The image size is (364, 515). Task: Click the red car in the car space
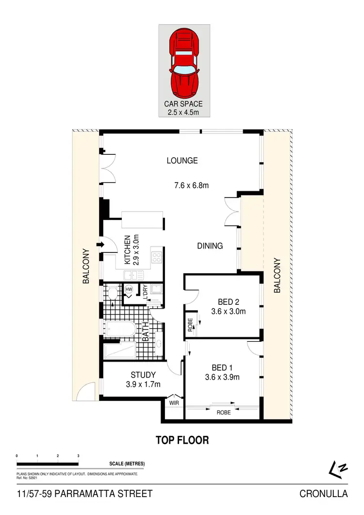[x=184, y=63]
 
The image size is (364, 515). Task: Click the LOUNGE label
[x=182, y=161]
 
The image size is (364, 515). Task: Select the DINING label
[x=210, y=246]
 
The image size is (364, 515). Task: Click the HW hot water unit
[x=129, y=290]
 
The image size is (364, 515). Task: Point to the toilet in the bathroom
[x=112, y=293]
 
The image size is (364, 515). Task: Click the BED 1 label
[x=223, y=367]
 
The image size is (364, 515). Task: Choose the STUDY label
[x=143, y=375]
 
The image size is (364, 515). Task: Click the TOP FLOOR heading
[x=182, y=440]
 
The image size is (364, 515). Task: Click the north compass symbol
[x=338, y=468]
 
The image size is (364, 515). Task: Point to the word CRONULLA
[x=324, y=494]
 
